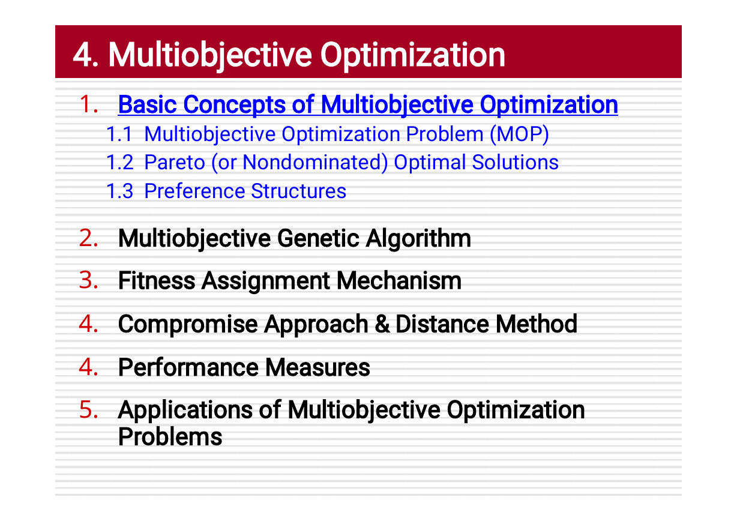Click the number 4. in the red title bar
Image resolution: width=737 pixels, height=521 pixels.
tap(86, 55)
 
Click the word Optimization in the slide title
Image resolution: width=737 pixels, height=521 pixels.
tap(412, 56)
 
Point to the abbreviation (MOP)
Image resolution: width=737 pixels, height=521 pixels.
tap(519, 134)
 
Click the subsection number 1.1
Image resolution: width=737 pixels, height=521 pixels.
tap(119, 134)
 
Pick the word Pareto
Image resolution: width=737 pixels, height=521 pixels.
tap(175, 162)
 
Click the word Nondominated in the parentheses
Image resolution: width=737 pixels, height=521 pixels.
tap(315, 163)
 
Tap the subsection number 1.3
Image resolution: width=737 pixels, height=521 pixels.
tap(119, 191)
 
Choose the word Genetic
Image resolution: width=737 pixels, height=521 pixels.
tap(318, 238)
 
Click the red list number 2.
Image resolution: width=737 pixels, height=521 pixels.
tap(88, 238)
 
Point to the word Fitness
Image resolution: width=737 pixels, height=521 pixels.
tap(157, 281)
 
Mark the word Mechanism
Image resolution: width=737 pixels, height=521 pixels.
tap(399, 281)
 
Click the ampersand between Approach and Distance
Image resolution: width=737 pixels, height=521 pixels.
tap(382, 324)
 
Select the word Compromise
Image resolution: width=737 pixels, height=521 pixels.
tap(188, 325)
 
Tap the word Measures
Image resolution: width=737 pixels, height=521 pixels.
tap(317, 367)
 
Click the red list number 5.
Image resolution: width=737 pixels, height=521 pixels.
tap(88, 410)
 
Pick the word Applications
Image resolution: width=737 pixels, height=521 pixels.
tap(185, 411)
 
